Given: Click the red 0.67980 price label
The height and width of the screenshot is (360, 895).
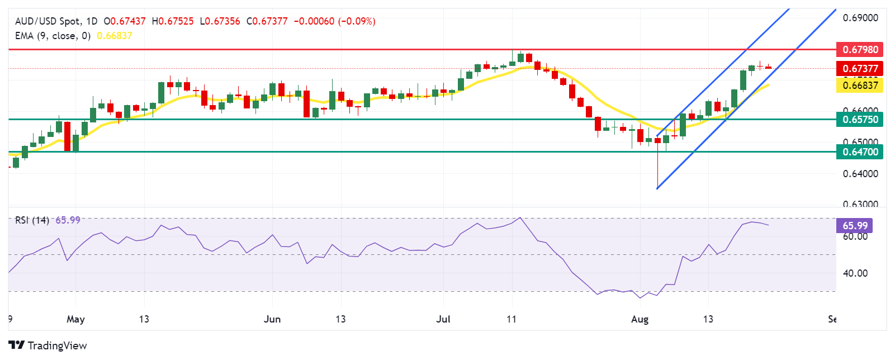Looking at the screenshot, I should (860, 50).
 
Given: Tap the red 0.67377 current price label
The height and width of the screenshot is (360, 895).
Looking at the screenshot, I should (860, 69).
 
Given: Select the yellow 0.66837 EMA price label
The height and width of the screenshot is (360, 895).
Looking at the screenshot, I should (860, 86).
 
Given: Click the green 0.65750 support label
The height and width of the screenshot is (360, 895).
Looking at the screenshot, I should (860, 119).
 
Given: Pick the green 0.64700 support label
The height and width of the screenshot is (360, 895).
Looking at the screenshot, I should (860, 151).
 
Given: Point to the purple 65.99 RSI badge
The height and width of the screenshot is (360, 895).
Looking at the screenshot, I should (855, 226).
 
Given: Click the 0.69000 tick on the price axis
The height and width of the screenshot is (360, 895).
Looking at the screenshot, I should (860, 18).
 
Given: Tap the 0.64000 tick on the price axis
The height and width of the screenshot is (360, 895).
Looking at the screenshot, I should (860, 174).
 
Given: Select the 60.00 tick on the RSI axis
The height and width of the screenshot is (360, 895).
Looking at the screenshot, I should (855, 236).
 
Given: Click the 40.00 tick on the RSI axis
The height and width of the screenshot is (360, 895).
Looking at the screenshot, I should (855, 273).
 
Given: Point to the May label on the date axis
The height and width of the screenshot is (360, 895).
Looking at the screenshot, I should (75, 319).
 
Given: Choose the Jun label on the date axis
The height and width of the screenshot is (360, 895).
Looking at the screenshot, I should (272, 319).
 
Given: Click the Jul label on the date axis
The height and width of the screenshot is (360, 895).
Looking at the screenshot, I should (443, 319).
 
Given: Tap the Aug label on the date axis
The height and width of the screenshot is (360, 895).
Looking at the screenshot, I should (640, 319).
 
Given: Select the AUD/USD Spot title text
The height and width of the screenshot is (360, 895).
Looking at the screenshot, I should (48, 21).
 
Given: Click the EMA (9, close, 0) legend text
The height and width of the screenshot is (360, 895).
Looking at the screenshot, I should (53, 36).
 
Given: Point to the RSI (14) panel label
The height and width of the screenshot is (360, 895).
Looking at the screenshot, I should (32, 220).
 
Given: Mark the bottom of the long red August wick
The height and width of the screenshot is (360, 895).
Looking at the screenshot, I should (657, 188).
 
